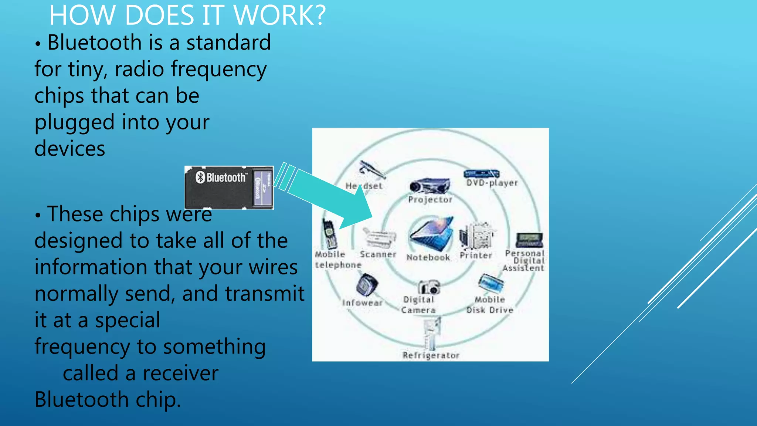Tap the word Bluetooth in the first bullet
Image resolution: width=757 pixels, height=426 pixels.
94,43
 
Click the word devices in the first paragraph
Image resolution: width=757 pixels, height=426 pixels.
70,149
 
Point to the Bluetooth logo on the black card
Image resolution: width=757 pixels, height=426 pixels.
221,177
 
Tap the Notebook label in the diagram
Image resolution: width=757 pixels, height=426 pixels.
428,257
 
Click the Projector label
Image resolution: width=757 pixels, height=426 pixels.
430,200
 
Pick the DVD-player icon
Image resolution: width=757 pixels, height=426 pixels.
481,173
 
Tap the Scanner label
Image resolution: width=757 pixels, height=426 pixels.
378,254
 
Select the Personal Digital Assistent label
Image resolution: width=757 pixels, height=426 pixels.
524,261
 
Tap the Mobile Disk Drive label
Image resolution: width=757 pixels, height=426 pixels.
490,305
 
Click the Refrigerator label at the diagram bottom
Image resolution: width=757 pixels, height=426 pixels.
431,355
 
